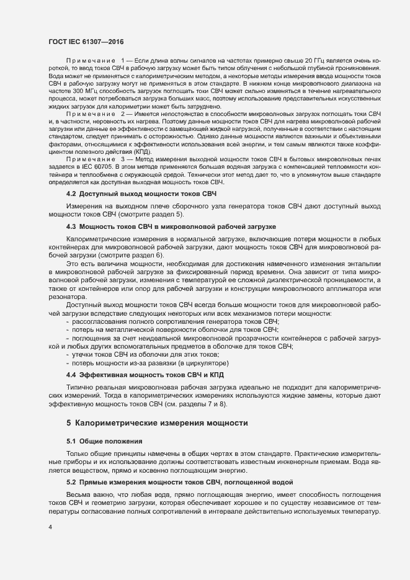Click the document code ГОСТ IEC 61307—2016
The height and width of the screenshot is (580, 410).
tap(86, 42)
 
